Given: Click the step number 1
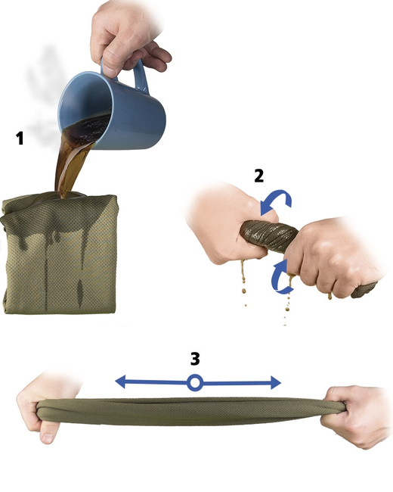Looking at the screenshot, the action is pyautogui.click(x=20, y=138).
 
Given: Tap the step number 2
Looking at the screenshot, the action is pyautogui.click(x=259, y=176).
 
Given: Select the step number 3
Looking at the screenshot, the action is pyautogui.click(x=195, y=359).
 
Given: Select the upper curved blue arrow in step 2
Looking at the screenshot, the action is pyautogui.click(x=276, y=201).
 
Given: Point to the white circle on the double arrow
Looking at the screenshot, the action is pyautogui.click(x=195, y=383).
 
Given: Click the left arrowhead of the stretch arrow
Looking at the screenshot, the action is pyautogui.click(x=121, y=382).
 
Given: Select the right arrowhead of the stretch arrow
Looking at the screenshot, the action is pyautogui.click(x=275, y=383).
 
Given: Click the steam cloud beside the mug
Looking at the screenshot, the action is pyautogui.click(x=44, y=94).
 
